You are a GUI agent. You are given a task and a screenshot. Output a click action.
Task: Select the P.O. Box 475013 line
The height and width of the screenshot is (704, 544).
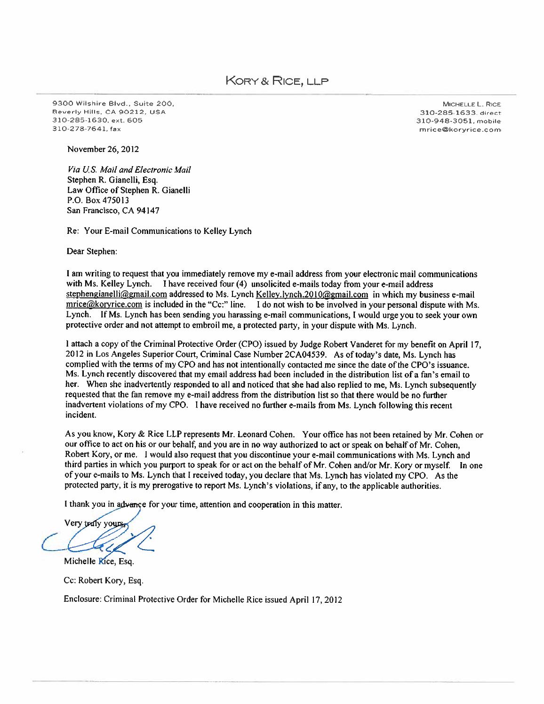pyautogui.click(x=96, y=200)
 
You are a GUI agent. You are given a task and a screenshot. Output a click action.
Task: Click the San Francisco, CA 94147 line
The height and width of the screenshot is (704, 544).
pyautogui.click(x=113, y=211)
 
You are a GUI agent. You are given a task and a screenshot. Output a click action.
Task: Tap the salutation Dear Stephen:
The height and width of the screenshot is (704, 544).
pyautogui.click(x=92, y=252)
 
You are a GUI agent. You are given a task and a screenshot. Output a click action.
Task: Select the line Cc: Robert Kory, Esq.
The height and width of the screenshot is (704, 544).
pyautogui.click(x=103, y=581)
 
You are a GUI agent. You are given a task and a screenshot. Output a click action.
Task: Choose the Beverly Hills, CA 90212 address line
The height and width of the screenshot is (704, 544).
pyautogui.click(x=108, y=112)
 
